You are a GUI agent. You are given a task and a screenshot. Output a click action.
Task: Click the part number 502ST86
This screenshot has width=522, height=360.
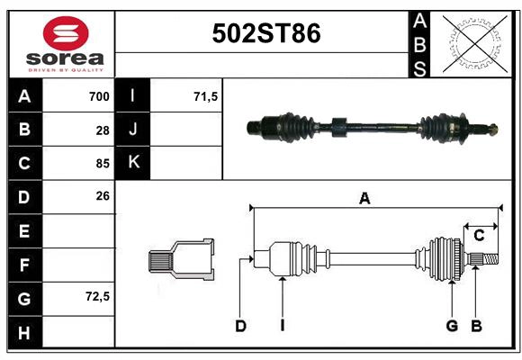tap(265, 33)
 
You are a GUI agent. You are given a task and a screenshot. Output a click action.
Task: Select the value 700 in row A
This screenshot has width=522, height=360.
tap(99, 96)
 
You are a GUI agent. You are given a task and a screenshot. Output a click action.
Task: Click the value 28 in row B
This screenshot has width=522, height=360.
tap(103, 130)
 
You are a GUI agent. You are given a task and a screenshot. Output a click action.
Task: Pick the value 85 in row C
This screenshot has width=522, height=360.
tap(103, 164)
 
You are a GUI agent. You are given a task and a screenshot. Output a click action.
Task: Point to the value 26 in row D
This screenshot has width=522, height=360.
tap(103, 195)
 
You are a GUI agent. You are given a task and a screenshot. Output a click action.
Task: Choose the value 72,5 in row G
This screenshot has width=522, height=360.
tap(96, 295)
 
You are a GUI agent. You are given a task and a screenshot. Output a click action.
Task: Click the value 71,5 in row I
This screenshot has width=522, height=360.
tap(206, 96)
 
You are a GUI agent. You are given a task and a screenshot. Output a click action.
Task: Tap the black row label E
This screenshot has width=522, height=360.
tap(24, 231)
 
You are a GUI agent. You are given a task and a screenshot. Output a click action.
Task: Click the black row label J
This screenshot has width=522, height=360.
tap(133, 130)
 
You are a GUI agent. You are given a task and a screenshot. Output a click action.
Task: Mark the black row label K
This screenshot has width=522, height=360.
tap(133, 163)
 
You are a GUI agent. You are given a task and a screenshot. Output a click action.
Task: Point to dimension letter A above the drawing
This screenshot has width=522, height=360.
tap(364, 199)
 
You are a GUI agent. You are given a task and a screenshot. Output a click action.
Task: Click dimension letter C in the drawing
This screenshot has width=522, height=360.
tap(479, 236)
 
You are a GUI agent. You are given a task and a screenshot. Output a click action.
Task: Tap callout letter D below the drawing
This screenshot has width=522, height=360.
tap(240, 326)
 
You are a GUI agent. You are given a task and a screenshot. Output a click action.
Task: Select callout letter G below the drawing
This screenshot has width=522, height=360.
tap(452, 326)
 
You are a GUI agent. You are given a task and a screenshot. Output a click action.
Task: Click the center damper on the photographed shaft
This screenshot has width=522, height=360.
tap(338, 127)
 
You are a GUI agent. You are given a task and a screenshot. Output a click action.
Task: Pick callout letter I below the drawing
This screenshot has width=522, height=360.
tap(282, 326)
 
